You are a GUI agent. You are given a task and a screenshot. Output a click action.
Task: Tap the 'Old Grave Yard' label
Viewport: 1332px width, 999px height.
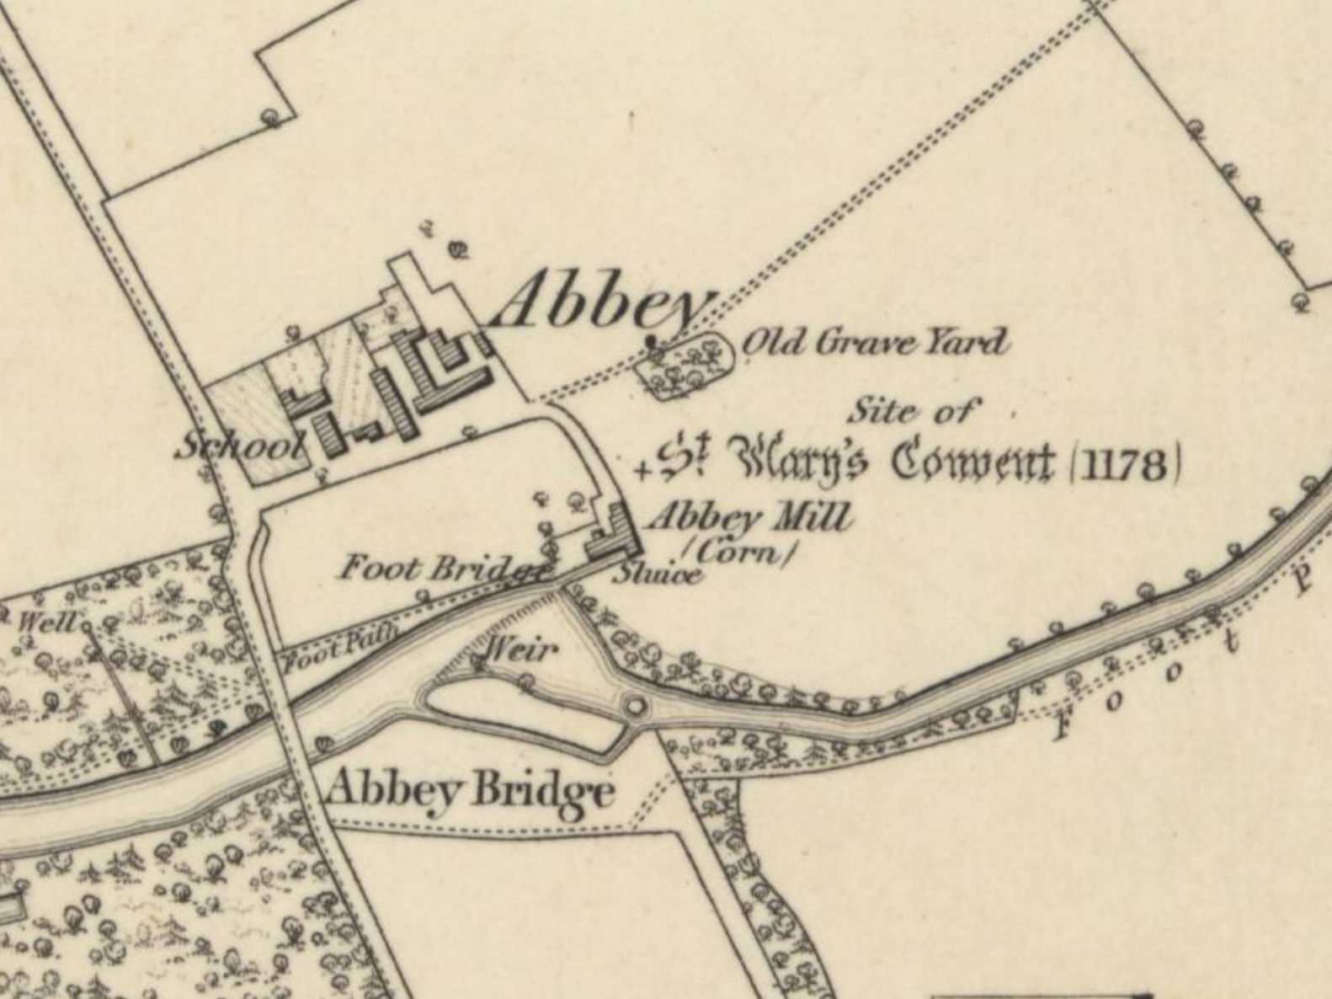[x=873, y=342]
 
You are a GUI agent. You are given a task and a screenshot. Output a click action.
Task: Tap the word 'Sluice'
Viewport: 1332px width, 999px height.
[x=657, y=574]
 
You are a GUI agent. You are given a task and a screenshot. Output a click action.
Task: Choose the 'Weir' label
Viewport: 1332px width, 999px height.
[x=522, y=649]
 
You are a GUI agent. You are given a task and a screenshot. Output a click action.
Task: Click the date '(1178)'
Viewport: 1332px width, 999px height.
[x=1125, y=464]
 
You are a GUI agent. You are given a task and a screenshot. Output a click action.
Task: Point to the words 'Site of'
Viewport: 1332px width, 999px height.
[x=913, y=412]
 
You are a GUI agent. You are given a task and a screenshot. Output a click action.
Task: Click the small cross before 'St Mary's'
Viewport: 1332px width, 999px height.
[x=643, y=469]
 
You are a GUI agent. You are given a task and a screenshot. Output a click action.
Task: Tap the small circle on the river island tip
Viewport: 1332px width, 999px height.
[x=634, y=704]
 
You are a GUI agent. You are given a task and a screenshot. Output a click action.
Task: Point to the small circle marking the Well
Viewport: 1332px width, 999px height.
[x=87, y=626]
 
